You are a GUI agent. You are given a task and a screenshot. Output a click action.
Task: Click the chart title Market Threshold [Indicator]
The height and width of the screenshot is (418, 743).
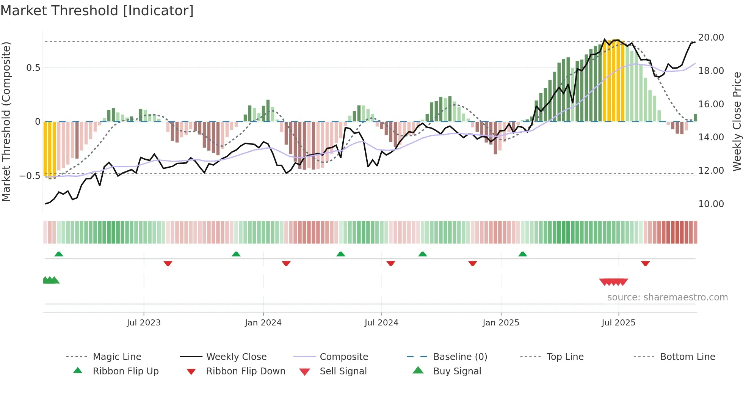pyautogui.click(x=97, y=11)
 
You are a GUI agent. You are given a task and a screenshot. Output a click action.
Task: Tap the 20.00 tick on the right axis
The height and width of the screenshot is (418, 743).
pyautogui.click(x=711, y=38)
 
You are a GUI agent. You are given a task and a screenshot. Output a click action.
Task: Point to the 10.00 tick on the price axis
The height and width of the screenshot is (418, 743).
pyautogui.click(x=711, y=204)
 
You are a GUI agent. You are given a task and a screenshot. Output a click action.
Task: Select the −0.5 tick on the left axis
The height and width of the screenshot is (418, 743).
pyautogui.click(x=30, y=176)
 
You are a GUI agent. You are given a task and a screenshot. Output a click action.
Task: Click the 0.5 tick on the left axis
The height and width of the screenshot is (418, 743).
pyautogui.click(x=33, y=68)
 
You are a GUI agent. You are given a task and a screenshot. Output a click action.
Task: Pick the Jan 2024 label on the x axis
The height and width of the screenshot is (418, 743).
pyautogui.click(x=263, y=323)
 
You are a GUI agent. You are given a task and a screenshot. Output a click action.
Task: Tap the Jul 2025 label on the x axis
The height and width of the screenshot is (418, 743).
pyautogui.click(x=618, y=323)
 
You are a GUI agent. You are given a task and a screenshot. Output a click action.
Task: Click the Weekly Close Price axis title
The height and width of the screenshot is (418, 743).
pyautogui.click(x=737, y=121)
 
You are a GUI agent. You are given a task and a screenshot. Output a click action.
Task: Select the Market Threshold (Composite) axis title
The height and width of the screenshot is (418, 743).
pyautogui.click(x=6, y=121)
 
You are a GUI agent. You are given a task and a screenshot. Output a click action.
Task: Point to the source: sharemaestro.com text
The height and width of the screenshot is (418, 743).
pyautogui.click(x=667, y=297)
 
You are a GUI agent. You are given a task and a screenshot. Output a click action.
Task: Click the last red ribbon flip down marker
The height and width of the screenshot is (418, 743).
pyautogui.click(x=645, y=264)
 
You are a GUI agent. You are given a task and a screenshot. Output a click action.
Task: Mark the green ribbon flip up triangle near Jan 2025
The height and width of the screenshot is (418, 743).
pyautogui.click(x=522, y=254)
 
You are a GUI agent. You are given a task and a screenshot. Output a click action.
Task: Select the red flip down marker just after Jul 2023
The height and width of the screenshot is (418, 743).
pyautogui.click(x=168, y=264)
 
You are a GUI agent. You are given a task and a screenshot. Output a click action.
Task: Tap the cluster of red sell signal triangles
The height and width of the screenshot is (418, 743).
pyautogui.click(x=613, y=282)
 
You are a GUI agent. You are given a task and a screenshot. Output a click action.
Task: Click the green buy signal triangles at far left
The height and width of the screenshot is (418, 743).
pyautogui.click(x=51, y=281)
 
